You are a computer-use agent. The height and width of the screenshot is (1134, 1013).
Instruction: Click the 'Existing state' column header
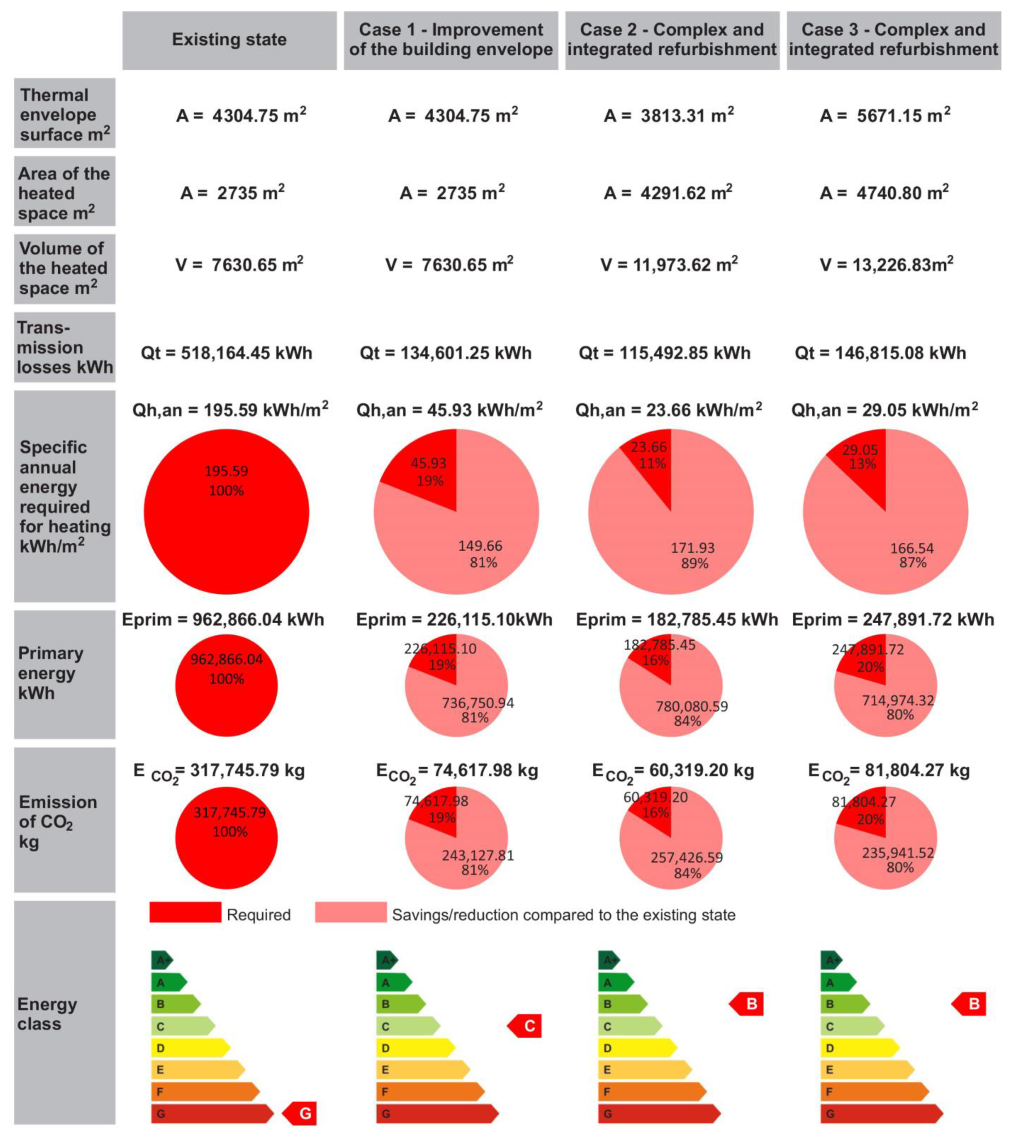point(229,40)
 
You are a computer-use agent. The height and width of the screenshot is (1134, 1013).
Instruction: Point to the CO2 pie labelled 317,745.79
point(226,837)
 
